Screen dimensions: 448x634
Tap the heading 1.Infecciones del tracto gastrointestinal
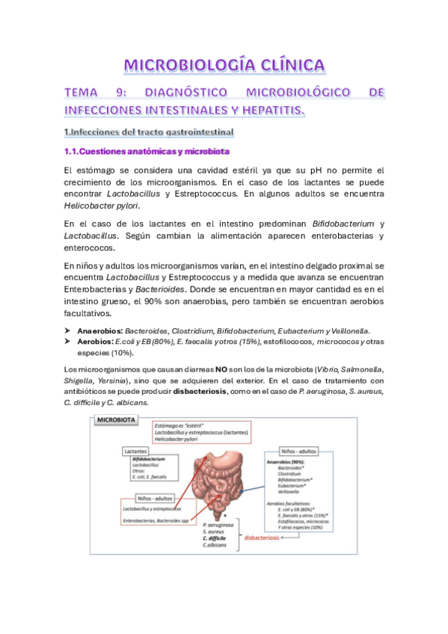coord(149,133)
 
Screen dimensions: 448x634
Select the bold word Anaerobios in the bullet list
coord(99,330)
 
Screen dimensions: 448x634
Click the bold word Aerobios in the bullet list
coord(95,342)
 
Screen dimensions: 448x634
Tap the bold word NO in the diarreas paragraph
coord(221,369)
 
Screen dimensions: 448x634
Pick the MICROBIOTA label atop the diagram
coord(114,422)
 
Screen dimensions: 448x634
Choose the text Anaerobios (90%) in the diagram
coord(288,463)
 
